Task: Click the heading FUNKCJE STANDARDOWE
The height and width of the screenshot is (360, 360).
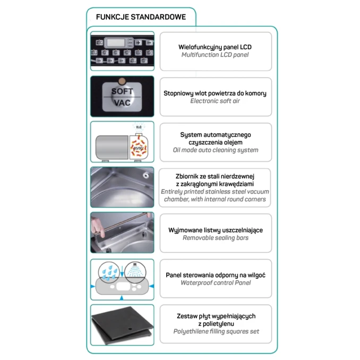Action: click(x=141, y=17)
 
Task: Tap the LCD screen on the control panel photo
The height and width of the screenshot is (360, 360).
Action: click(x=116, y=42)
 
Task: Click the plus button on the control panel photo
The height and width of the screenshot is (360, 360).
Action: click(x=138, y=42)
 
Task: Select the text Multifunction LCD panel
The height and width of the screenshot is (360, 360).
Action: click(x=215, y=55)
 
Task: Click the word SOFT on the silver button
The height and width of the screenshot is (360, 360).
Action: click(x=122, y=91)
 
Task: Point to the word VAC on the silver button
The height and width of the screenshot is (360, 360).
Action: click(x=122, y=103)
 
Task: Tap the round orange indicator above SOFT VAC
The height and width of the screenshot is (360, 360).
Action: click(x=122, y=81)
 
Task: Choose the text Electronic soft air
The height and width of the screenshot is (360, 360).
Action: click(x=215, y=101)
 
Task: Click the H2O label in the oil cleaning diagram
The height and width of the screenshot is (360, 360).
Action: click(x=139, y=127)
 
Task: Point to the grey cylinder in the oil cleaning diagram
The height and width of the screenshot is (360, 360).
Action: click(x=112, y=147)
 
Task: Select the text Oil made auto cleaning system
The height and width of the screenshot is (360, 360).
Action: click(x=216, y=150)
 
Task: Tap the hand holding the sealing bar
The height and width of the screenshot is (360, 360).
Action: click(x=98, y=228)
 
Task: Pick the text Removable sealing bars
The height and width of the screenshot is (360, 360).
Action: click(x=216, y=238)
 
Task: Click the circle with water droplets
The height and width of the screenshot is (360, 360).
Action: click(x=109, y=272)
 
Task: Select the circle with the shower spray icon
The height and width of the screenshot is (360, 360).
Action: click(x=135, y=272)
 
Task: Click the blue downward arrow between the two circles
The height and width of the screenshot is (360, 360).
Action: click(x=122, y=271)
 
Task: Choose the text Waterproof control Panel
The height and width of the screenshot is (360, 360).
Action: click(x=216, y=283)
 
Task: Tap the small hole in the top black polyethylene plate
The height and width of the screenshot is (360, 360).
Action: click(x=130, y=329)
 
